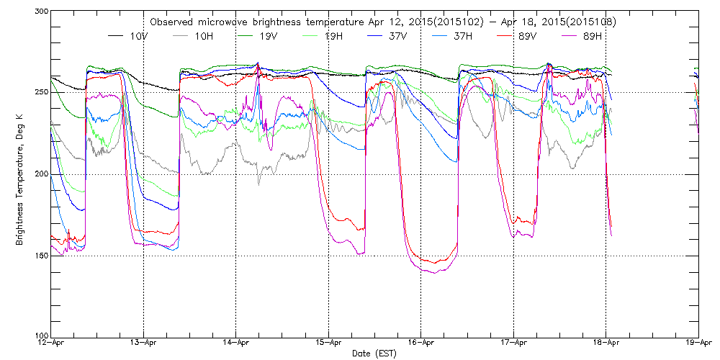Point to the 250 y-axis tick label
(x=40, y=93)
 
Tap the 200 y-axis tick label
(x=40, y=174)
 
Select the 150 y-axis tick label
(x=40, y=256)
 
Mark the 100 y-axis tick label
(x=40, y=336)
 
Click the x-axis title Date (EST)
(x=374, y=354)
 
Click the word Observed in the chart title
(x=171, y=22)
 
